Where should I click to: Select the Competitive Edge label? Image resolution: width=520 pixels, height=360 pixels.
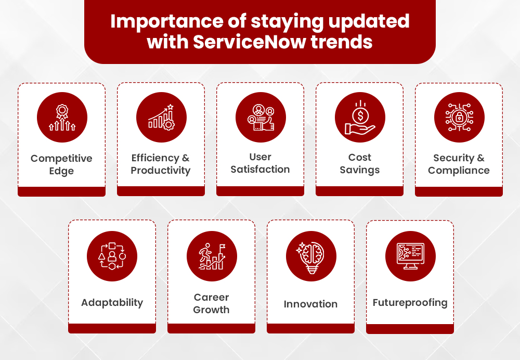point(61,164)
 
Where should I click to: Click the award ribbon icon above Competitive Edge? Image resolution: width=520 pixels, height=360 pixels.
point(62,118)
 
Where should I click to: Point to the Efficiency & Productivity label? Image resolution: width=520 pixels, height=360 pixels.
point(161,164)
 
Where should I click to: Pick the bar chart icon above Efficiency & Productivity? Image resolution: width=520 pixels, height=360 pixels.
point(161,118)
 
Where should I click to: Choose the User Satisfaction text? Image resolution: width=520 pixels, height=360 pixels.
point(260,163)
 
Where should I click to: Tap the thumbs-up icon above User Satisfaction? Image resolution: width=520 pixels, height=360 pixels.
point(261,118)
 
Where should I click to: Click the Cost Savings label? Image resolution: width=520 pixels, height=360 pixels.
point(360,163)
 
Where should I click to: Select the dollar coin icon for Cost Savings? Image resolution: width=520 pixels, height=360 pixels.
point(360,118)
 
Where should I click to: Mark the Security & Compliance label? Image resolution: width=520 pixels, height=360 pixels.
point(459,164)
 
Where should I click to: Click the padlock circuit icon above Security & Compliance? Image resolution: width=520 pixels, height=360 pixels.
point(459,118)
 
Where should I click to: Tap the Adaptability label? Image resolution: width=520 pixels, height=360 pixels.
point(112,302)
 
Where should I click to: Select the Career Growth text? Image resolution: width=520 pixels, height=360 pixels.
point(211,303)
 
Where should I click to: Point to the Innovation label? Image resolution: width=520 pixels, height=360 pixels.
point(310,304)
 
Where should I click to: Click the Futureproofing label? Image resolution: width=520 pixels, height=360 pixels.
point(410,302)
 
